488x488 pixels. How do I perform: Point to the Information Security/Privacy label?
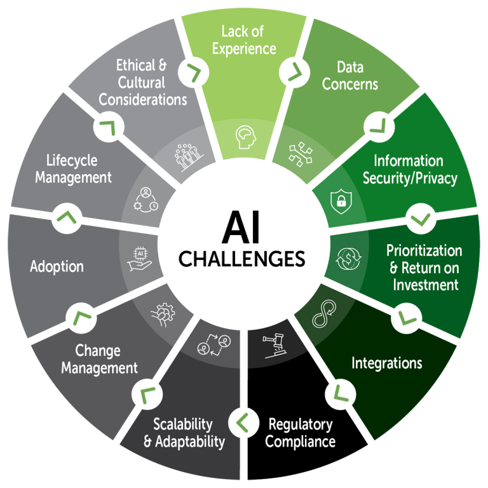pyautogui.click(x=409, y=170)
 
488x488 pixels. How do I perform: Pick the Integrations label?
pyautogui.click(x=387, y=363)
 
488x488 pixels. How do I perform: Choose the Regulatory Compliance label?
pyautogui.click(x=300, y=433)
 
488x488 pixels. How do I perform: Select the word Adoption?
pyautogui.click(x=57, y=266)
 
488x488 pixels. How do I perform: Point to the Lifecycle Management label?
pyautogui.click(x=74, y=169)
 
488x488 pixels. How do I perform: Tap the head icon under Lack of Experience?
pyautogui.click(x=244, y=137)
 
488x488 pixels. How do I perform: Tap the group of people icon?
pyautogui.click(x=186, y=155)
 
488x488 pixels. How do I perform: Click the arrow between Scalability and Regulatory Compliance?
pyautogui.click(x=241, y=420)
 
